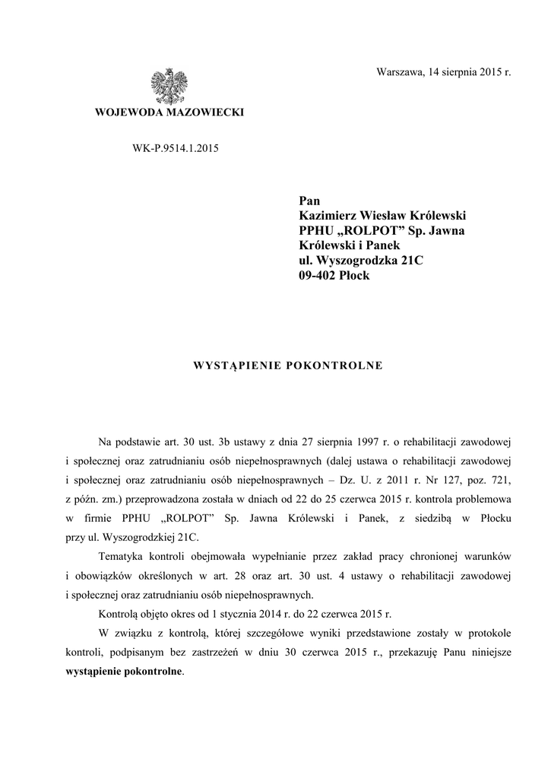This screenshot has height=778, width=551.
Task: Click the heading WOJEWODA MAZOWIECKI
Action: (x=168, y=112)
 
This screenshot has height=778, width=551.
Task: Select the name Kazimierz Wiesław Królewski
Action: (x=382, y=216)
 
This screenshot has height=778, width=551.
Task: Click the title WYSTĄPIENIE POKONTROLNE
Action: (x=289, y=365)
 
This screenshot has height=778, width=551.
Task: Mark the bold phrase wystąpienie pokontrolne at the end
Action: (x=125, y=672)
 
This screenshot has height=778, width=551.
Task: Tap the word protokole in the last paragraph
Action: (x=489, y=633)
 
